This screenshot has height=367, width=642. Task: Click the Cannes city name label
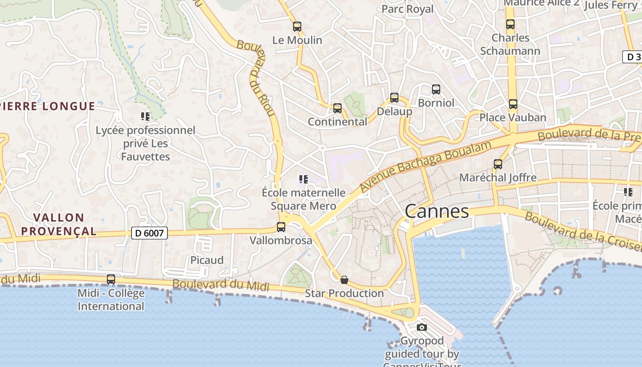pyautogui.click(x=437, y=211)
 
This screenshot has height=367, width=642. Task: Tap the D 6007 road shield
pyautogui.click(x=149, y=233)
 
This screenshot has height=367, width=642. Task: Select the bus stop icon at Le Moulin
pyautogui.click(x=297, y=27)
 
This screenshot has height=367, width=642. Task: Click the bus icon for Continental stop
pyautogui.click(x=338, y=108)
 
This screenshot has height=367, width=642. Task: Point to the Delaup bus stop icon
pyautogui.click(x=394, y=98)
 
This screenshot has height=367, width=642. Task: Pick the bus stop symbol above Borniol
pyautogui.click(x=436, y=89)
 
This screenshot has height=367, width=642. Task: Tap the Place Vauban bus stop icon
pyautogui.click(x=513, y=104)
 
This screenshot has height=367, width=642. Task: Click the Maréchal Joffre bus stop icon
pyautogui.click(x=498, y=164)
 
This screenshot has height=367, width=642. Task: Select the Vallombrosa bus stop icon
pyautogui.click(x=281, y=227)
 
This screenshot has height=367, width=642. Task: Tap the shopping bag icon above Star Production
pyautogui.click(x=344, y=280)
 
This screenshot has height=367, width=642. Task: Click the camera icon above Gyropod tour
pyautogui.click(x=422, y=327)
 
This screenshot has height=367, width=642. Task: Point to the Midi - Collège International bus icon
pyautogui.click(x=111, y=279)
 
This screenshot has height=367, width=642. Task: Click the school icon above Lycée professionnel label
pyautogui.click(x=145, y=117)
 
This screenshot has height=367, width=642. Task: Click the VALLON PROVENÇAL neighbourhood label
pyautogui.click(x=59, y=224)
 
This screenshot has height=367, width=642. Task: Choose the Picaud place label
pyautogui.click(x=207, y=260)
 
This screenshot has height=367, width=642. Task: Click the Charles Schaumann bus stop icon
pyautogui.click(x=510, y=24)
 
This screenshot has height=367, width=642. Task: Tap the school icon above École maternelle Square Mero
pyautogui.click(x=303, y=179)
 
